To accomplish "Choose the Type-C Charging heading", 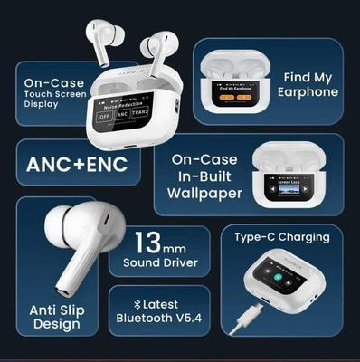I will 282,238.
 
